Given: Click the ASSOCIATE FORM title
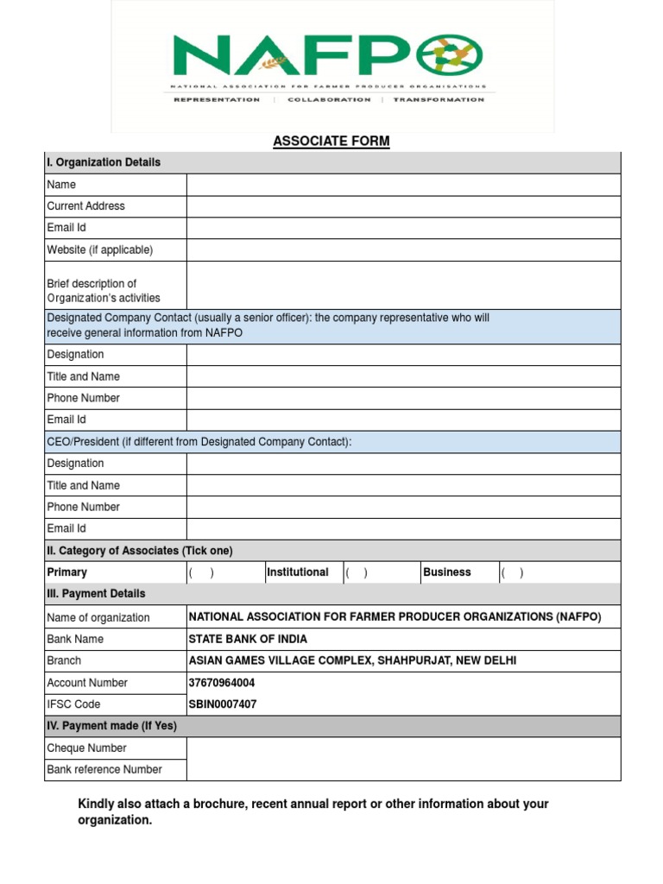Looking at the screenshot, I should [x=331, y=142].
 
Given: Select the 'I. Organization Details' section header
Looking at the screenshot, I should [x=104, y=162].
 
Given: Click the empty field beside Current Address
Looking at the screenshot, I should [x=403, y=206].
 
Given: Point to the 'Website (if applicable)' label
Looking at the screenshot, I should [x=99, y=249].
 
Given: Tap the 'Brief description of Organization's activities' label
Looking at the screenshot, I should [x=104, y=291].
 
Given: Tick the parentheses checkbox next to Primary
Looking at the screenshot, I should [x=201, y=572].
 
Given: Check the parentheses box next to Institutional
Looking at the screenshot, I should [x=357, y=572].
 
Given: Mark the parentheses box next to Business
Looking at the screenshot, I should [x=511, y=572].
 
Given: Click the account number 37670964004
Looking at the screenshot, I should [x=222, y=683].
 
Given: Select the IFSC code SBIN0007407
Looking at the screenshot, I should [x=223, y=704].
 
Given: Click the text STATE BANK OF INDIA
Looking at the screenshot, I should [x=248, y=640].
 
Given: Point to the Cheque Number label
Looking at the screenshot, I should [x=86, y=748].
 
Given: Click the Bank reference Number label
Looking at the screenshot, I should [x=104, y=769].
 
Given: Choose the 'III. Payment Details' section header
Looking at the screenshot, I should [x=96, y=594].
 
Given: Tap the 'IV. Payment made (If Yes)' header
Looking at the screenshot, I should [x=111, y=726].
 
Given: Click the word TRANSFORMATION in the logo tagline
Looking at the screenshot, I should [x=439, y=100].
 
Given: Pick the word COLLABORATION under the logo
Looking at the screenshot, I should [x=329, y=100].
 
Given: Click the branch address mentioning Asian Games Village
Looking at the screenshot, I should [x=353, y=661].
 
